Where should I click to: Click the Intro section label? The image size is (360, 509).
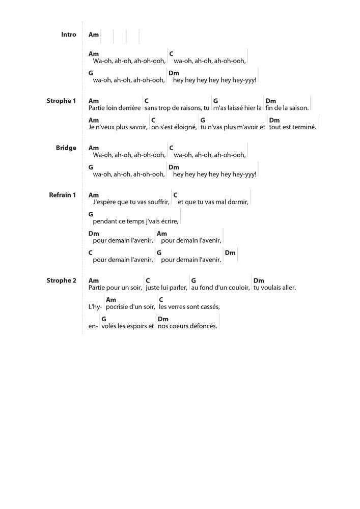point(68,35)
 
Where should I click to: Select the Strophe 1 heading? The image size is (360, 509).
point(61,101)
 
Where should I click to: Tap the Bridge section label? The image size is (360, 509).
point(66,148)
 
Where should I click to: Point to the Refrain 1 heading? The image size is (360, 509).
point(62,195)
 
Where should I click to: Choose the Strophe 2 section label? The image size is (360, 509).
point(61,280)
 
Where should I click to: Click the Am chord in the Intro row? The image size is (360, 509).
point(94,35)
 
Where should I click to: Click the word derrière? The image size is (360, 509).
point(128,108)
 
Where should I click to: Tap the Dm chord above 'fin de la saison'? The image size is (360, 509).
point(270,101)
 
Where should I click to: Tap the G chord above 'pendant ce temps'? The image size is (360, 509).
point(91,214)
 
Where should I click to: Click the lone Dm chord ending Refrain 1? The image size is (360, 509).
point(230,252)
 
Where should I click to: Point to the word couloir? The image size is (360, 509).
point(237,288)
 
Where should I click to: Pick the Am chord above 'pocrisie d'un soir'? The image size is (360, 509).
point(111,300)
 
